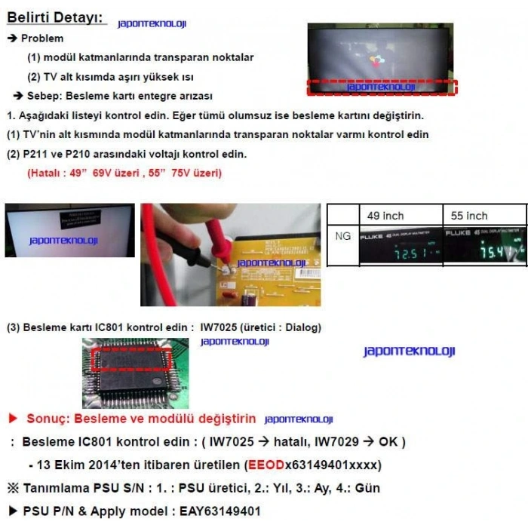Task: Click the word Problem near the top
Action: [42, 38]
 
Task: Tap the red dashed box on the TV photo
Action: [382, 87]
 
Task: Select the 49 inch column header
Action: [385, 216]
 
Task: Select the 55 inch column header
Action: [468, 216]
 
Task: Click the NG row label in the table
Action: [342, 236]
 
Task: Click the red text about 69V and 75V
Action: [124, 173]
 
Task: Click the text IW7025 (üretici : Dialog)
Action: [260, 327]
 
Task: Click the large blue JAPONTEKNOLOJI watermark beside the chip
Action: [409, 351]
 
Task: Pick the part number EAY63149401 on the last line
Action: [219, 511]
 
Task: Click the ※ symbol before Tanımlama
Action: [12, 488]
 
